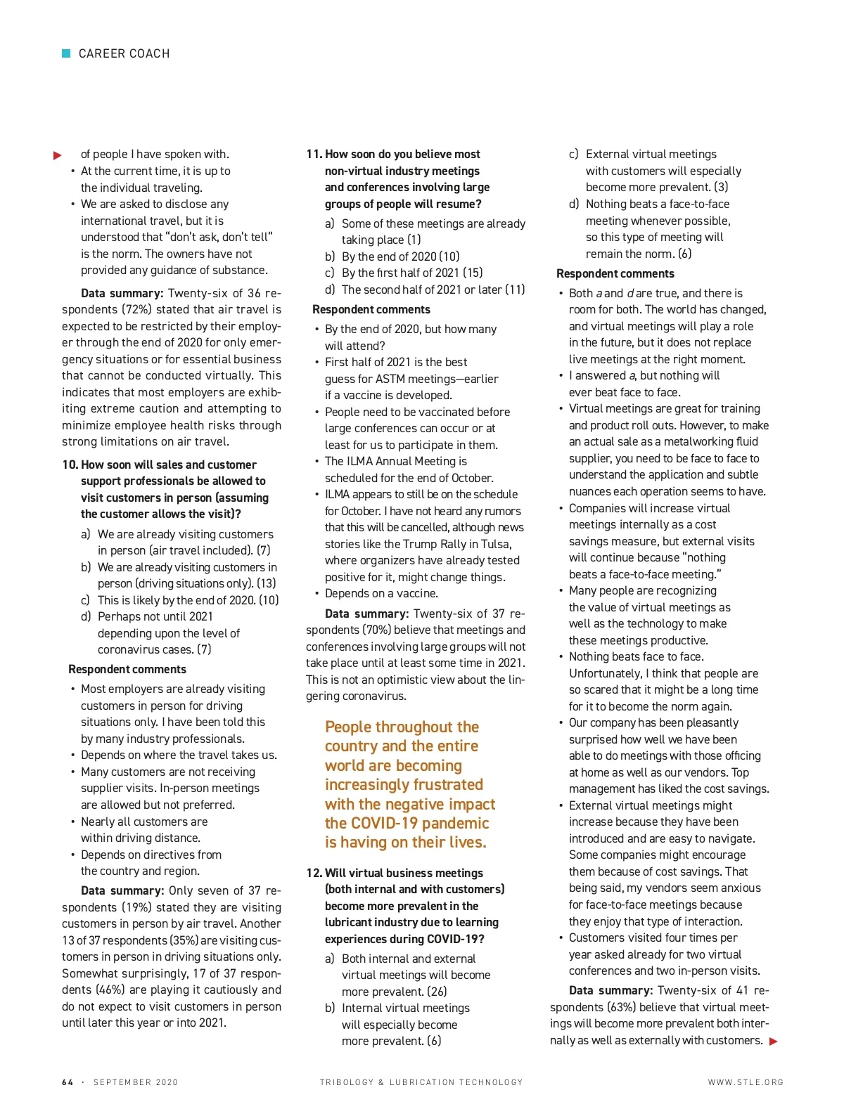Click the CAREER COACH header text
click(x=124, y=53)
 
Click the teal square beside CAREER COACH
click(x=66, y=53)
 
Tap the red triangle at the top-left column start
click(x=58, y=155)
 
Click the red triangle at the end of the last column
click(x=774, y=1042)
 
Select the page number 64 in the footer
click(x=68, y=1082)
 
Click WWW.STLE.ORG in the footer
click(x=746, y=1082)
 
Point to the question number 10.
click(x=70, y=465)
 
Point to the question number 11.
click(x=314, y=154)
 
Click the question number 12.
click(x=314, y=873)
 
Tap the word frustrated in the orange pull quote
click(x=441, y=784)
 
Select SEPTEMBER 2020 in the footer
click(x=136, y=1082)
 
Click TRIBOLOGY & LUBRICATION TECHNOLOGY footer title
click(x=421, y=1082)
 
